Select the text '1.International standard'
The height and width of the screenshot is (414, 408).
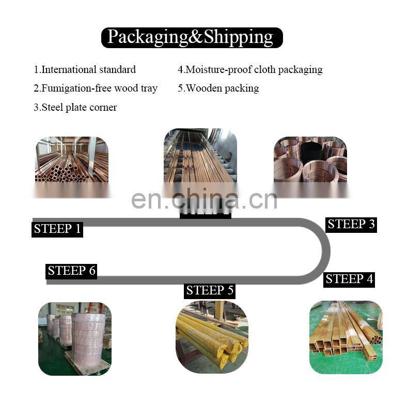pyautogui.click(x=85, y=69)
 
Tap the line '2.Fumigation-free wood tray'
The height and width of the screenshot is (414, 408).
pyautogui.click(x=96, y=88)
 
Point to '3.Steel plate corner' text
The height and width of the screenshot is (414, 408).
pyautogui.click(x=75, y=107)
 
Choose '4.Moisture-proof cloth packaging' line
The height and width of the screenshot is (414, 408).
pyautogui.click(x=250, y=69)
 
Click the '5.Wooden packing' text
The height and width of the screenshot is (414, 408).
pyautogui.click(x=218, y=88)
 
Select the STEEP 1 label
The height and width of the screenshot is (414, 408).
pyautogui.click(x=57, y=229)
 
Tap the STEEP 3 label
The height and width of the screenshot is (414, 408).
pyautogui.click(x=351, y=224)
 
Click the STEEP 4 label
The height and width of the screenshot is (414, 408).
pyautogui.click(x=349, y=279)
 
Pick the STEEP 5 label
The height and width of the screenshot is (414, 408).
pyautogui.click(x=210, y=290)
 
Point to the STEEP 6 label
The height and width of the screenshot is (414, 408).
pyautogui.click(x=72, y=271)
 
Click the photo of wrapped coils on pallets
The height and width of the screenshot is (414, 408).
pyautogui.click(x=75, y=338)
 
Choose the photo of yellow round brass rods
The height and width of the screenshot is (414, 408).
pyautogui.click(x=212, y=337)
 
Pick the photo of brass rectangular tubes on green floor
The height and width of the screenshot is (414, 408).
pyautogui.click(x=346, y=337)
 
